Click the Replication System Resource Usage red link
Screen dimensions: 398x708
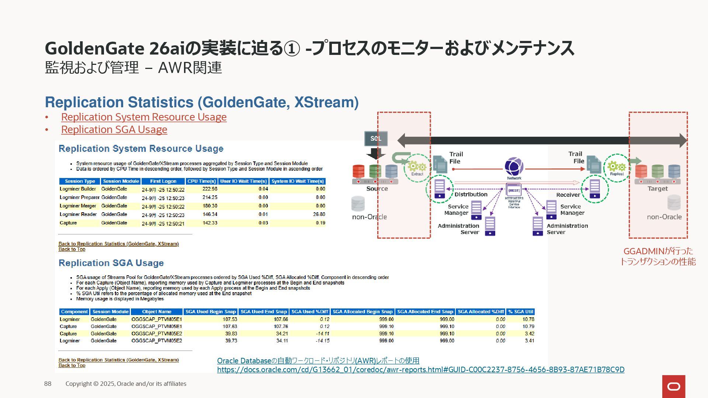[x=144, y=117]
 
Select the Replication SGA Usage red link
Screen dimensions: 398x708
[x=114, y=130]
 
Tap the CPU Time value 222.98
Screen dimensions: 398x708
[x=210, y=189]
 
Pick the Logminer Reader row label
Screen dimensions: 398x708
[x=78, y=214]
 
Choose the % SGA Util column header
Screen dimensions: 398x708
[x=521, y=312]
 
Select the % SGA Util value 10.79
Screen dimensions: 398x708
[x=528, y=327]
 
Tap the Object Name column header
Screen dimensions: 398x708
[x=157, y=312]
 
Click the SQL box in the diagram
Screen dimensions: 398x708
[x=376, y=139]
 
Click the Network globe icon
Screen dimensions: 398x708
[x=514, y=167]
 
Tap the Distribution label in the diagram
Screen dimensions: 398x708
[x=471, y=195]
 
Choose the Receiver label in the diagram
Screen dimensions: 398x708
[x=568, y=195]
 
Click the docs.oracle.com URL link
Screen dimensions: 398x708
[x=420, y=370]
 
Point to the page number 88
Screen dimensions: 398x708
[x=48, y=384]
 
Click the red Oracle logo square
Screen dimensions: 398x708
[x=674, y=386]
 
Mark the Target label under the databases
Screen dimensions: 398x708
[x=657, y=189]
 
